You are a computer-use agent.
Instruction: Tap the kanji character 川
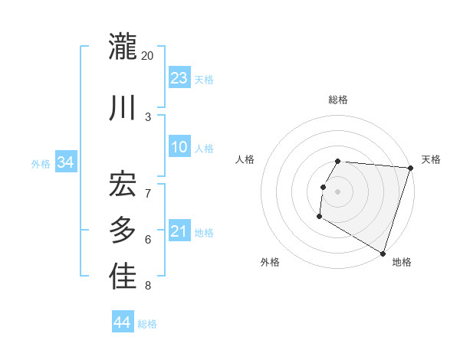pyautogui.click(x=123, y=106)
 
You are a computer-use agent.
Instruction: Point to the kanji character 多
pyautogui.click(x=123, y=229)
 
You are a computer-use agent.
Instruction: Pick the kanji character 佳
pyautogui.click(x=123, y=277)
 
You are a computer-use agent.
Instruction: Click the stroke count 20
pyautogui.click(x=148, y=56)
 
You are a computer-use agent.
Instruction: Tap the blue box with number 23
pyautogui.click(x=179, y=78)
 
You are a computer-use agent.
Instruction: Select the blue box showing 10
pyautogui.click(x=179, y=148)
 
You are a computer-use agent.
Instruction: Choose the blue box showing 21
pyautogui.click(x=179, y=231)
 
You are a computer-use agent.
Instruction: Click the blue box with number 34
pyautogui.click(x=65, y=162)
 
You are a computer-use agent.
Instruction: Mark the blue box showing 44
pyautogui.click(x=122, y=322)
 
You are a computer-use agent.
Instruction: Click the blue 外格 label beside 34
pyautogui.click(x=41, y=164)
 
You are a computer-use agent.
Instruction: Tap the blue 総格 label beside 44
pyautogui.click(x=147, y=324)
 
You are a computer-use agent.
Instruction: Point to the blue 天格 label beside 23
pyautogui.click(x=204, y=80)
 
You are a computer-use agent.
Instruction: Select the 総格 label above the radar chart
pyautogui.click(x=338, y=100)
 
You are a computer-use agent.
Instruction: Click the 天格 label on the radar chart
pyautogui.click(x=431, y=159)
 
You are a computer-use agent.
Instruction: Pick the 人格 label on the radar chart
pyautogui.click(x=245, y=159)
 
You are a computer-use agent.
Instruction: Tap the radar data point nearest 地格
pyautogui.click(x=382, y=252)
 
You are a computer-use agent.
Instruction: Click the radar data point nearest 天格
pyautogui.click(x=410, y=168)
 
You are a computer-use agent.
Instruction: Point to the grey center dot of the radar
pyautogui.click(x=337, y=191)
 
